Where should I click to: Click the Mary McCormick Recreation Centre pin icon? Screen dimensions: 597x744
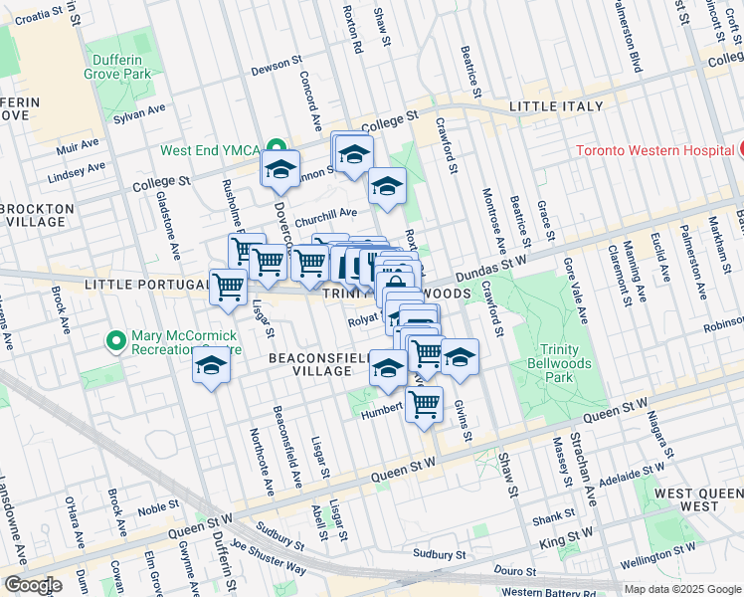coord(116,341)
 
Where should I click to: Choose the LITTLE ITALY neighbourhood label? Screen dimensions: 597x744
coord(556,106)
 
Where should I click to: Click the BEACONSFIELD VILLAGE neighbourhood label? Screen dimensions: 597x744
coord(308,363)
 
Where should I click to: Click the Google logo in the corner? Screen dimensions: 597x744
coord(32,584)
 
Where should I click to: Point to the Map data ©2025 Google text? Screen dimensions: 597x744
coord(682,589)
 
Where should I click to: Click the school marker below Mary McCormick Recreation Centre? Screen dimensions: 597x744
coord(211,366)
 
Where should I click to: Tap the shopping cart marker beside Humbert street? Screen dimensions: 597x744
coord(424,405)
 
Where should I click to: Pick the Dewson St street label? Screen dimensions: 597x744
coord(276,65)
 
